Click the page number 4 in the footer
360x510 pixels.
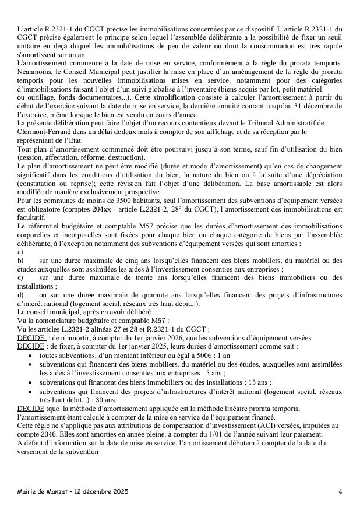[x=340, y=491]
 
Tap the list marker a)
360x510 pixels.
[x=21, y=251]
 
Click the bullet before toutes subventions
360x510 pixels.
[x=31, y=356]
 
